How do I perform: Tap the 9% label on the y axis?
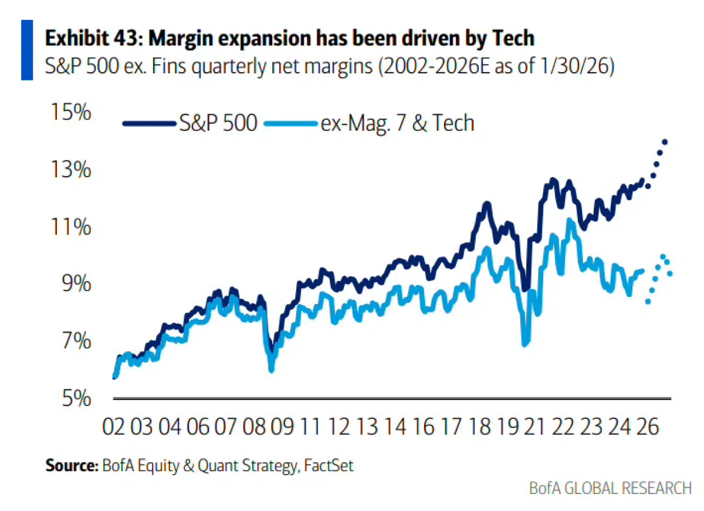pos(74,284)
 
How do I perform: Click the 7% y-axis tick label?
pos(74,341)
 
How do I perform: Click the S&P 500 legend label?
pos(218,123)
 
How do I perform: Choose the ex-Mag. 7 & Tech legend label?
pos(397,123)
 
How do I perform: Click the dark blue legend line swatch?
pos(149,123)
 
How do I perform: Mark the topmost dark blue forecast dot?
pos(665,142)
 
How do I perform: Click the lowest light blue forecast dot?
pos(648,302)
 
